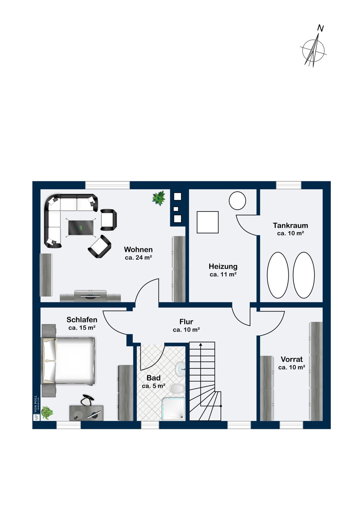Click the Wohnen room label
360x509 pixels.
[x=138, y=249]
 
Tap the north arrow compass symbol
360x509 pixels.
[x=314, y=49]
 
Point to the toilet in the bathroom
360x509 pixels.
[x=177, y=389]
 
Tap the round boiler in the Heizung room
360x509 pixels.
[x=237, y=201]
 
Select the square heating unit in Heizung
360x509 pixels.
[x=208, y=222]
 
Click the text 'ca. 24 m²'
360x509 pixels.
[x=138, y=258]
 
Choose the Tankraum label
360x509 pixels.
[x=290, y=225]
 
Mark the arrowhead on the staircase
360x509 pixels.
[x=201, y=345]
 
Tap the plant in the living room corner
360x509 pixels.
[x=159, y=199]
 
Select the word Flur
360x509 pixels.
[x=186, y=322]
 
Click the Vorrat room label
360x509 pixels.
[x=291, y=359]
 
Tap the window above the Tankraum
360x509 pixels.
[x=288, y=185]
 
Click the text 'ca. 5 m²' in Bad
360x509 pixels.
[x=153, y=386]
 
